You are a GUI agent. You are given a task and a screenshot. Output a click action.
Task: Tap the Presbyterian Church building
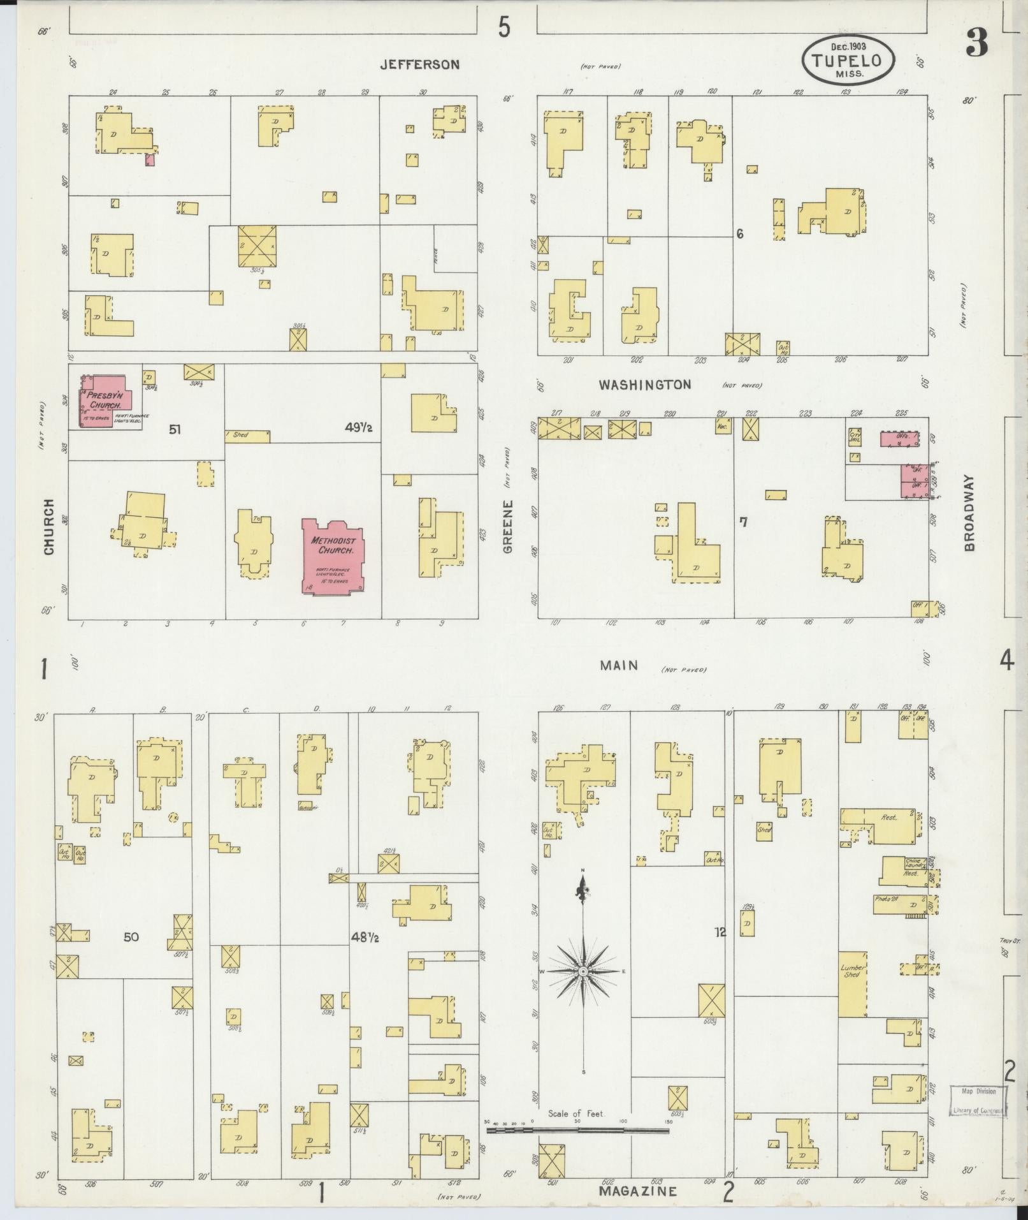point(102,401)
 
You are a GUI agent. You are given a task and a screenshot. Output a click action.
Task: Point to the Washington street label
point(644,385)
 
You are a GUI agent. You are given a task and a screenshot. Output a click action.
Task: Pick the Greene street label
point(508,534)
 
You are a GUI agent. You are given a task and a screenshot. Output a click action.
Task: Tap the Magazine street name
point(637,1191)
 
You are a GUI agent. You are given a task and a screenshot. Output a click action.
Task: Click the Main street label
point(619,665)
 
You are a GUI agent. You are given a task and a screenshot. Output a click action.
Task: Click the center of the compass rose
point(583,971)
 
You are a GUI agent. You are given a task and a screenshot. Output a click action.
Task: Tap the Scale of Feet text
point(577,1114)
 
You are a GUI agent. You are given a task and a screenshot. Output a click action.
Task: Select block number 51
point(175,430)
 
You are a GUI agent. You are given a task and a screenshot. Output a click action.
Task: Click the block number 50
point(131,937)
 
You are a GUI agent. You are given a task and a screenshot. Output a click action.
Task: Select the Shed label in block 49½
point(240,436)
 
